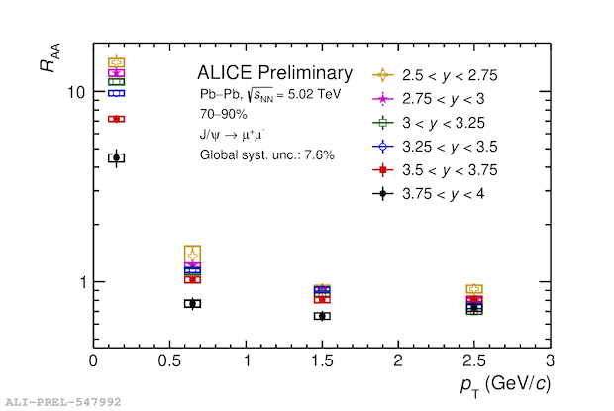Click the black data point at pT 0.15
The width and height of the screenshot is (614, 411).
click(x=116, y=157)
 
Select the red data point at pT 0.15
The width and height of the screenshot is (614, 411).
click(x=116, y=119)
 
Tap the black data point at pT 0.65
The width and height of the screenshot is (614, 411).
click(x=192, y=303)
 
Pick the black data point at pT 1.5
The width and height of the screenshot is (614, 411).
click(x=322, y=316)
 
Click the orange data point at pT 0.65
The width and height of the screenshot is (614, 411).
click(x=192, y=255)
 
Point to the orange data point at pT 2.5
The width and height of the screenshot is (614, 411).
click(x=474, y=289)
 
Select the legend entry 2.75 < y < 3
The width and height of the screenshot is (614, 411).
click(x=435, y=98)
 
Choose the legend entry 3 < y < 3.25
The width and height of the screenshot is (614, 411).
click(x=435, y=122)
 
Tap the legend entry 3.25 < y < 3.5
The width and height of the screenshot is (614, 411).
click(x=435, y=146)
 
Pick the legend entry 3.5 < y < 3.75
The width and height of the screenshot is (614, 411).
click(x=435, y=169)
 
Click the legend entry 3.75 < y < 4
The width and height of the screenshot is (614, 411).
click(x=435, y=193)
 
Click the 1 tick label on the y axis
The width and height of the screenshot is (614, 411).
click(x=83, y=282)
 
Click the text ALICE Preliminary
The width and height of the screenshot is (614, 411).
click(x=274, y=73)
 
